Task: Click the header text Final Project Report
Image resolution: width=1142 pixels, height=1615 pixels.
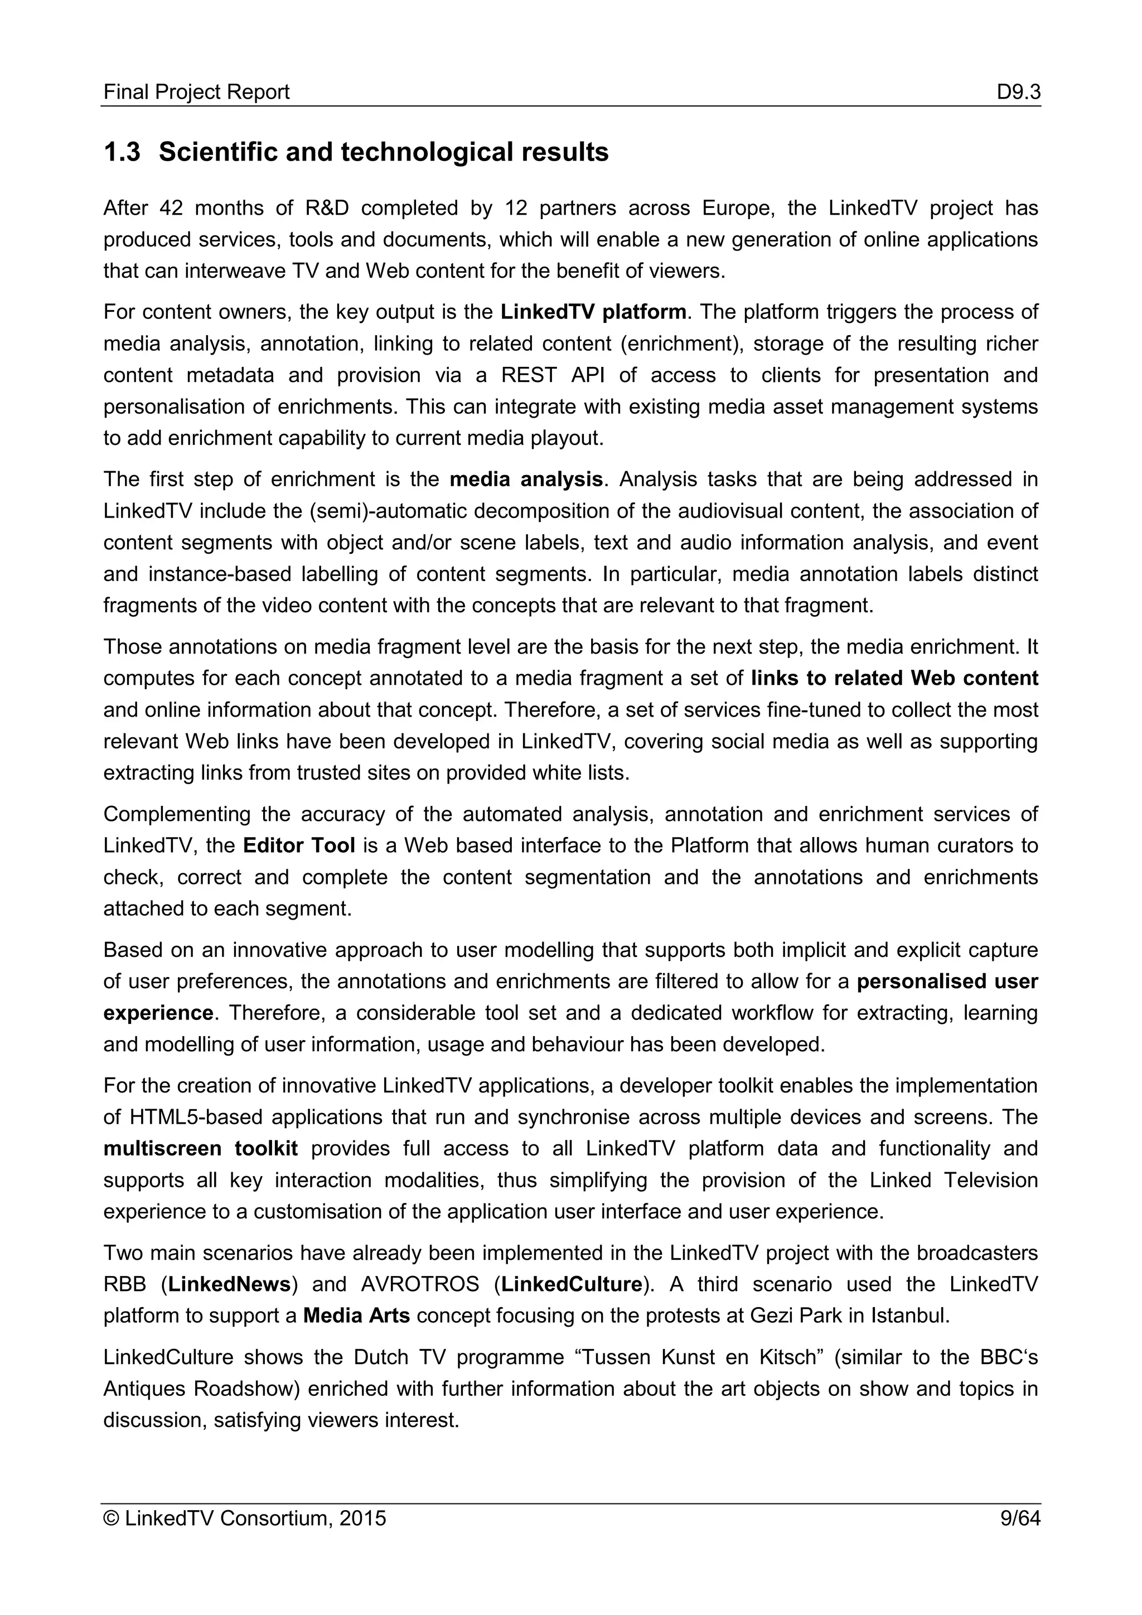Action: point(196,92)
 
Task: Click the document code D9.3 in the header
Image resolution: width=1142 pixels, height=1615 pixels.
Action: point(1018,92)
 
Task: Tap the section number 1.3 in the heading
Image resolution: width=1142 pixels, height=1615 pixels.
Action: point(122,152)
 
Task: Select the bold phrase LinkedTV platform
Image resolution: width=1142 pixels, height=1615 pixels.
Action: point(593,312)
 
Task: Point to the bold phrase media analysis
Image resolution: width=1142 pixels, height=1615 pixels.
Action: point(525,479)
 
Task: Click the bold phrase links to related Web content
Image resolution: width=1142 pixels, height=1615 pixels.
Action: point(894,678)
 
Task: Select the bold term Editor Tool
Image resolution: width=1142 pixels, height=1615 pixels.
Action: point(298,845)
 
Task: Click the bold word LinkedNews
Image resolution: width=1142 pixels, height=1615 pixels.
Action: point(229,1284)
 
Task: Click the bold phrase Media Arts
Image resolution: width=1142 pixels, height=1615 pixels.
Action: point(356,1316)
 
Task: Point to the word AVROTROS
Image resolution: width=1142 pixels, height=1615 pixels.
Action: point(420,1284)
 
